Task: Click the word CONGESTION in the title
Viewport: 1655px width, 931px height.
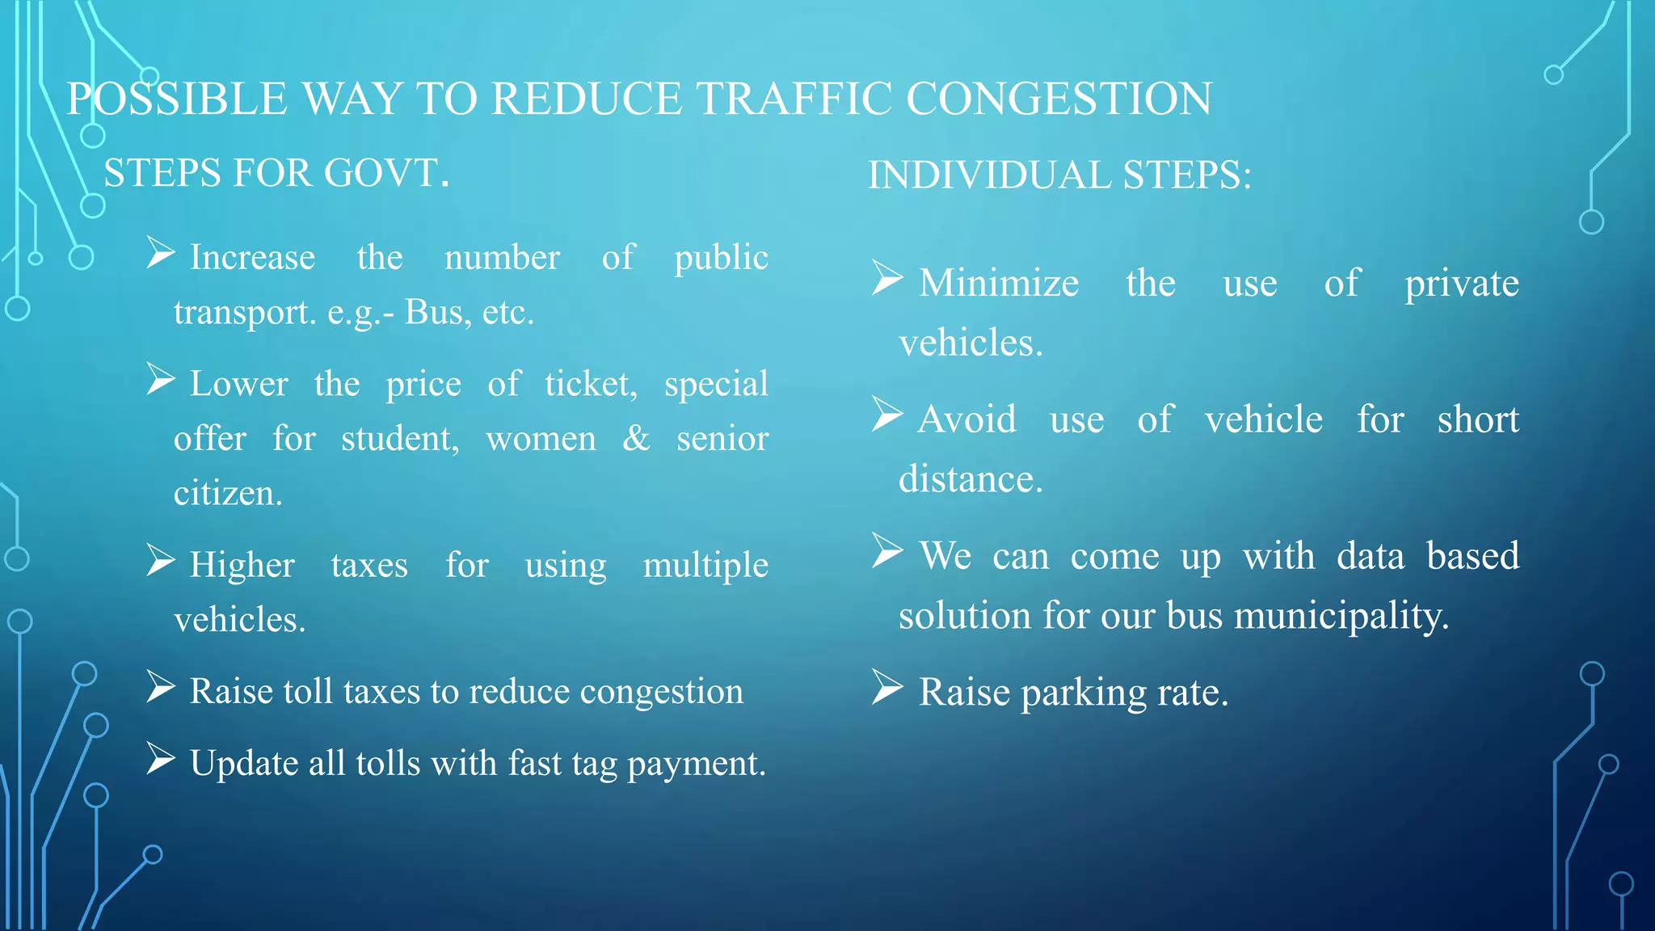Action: pos(1059,99)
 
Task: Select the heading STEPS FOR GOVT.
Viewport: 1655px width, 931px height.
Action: pos(276,173)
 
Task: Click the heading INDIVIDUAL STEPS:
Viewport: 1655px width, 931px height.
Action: pos(1059,175)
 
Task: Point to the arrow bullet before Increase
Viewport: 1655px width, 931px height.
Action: pos(161,253)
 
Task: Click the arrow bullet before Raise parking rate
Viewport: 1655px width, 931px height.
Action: pos(887,688)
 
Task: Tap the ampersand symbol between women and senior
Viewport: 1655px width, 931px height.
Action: pos(636,438)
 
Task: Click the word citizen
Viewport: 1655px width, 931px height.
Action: pos(228,493)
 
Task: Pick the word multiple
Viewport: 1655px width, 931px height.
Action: pos(705,565)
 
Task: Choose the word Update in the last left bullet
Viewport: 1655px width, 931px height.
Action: pos(244,763)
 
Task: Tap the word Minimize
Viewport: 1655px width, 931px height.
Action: pos(999,284)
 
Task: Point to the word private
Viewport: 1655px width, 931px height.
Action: pos(1462,284)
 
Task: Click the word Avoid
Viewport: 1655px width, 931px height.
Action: pos(966,419)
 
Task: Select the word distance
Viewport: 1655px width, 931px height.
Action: pos(971,479)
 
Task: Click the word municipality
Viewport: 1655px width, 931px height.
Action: pos(1341,616)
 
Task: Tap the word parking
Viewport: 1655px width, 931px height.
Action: pos(1084,693)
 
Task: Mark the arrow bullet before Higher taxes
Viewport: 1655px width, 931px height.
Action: pos(161,560)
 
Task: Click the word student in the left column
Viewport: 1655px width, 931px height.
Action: pos(400,439)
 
